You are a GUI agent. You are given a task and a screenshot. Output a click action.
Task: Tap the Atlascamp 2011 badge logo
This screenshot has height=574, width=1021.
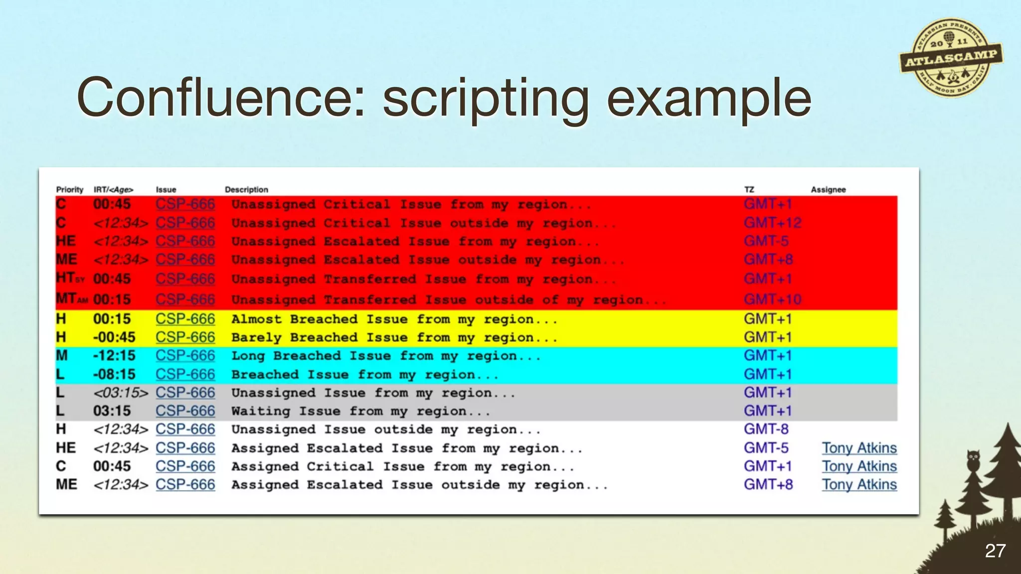click(x=951, y=58)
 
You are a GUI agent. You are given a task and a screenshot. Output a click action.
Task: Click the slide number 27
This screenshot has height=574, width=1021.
click(x=995, y=551)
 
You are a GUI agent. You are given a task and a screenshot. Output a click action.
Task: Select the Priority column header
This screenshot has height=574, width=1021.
click(x=70, y=189)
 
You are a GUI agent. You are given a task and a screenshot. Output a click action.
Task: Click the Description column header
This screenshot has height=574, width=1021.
click(x=246, y=189)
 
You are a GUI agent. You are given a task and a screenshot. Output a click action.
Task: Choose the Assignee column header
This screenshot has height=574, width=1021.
click(x=828, y=189)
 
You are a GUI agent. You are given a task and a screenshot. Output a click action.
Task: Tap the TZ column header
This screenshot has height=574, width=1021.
click(x=749, y=189)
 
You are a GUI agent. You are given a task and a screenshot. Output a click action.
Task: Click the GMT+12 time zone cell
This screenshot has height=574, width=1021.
click(x=772, y=223)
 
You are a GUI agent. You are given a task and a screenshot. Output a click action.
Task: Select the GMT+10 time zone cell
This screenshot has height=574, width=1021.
click(x=772, y=299)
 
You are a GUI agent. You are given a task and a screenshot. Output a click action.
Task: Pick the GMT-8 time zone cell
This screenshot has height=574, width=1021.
click(x=766, y=429)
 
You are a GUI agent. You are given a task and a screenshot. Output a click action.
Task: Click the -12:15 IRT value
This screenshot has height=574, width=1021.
click(x=114, y=356)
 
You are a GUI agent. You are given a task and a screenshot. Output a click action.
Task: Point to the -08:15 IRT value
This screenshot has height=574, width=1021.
click(x=114, y=374)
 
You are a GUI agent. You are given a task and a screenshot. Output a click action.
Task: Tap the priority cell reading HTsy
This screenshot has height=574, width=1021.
click(x=70, y=278)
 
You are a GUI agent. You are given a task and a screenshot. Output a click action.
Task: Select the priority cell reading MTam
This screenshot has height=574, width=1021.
click(x=71, y=299)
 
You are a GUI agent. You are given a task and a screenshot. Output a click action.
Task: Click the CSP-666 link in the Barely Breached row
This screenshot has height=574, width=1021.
click(x=185, y=337)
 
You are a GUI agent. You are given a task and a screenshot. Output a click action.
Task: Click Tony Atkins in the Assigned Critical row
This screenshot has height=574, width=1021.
click(x=859, y=466)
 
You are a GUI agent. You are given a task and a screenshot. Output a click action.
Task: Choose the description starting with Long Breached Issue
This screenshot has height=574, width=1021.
click(x=385, y=356)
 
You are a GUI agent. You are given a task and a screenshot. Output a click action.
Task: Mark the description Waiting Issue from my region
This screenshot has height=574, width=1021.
click(x=360, y=411)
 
